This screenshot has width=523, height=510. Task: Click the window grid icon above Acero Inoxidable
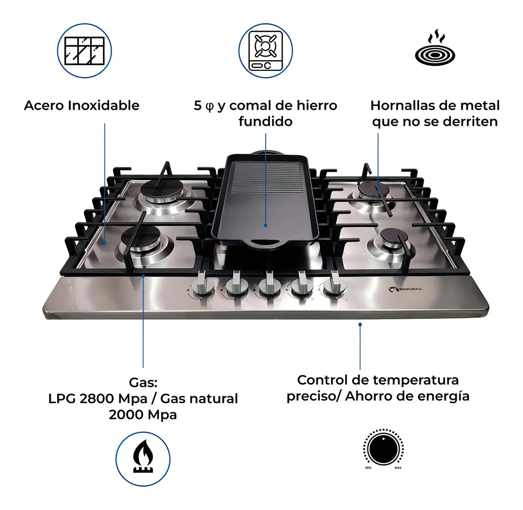85,51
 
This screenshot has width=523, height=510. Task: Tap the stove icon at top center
265,51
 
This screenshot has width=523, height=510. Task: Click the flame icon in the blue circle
143,459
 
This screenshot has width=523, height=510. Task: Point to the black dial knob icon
383,449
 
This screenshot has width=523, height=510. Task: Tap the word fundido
265,121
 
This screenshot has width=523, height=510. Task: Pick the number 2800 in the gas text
96,398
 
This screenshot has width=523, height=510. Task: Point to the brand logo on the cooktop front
405,289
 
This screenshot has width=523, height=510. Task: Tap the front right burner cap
394,237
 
